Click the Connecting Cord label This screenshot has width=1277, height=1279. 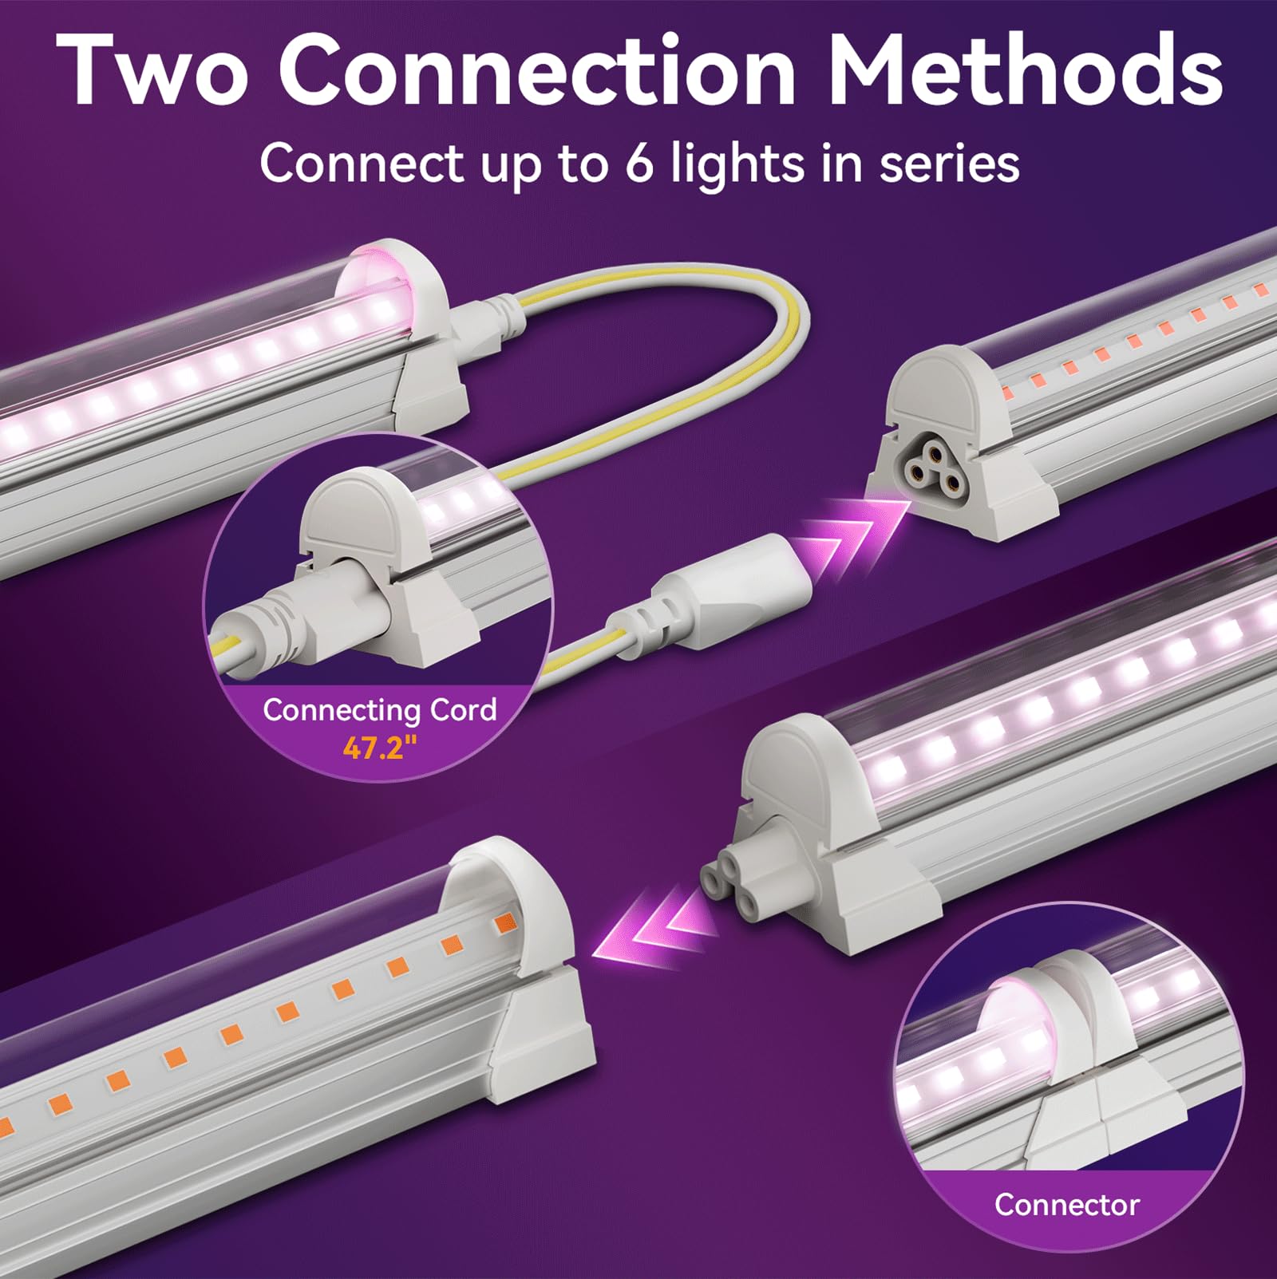point(379,709)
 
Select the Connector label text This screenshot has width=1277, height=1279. point(1066,1204)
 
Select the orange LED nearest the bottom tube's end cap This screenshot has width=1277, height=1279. point(505,924)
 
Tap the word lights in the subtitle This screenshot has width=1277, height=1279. point(765,164)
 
